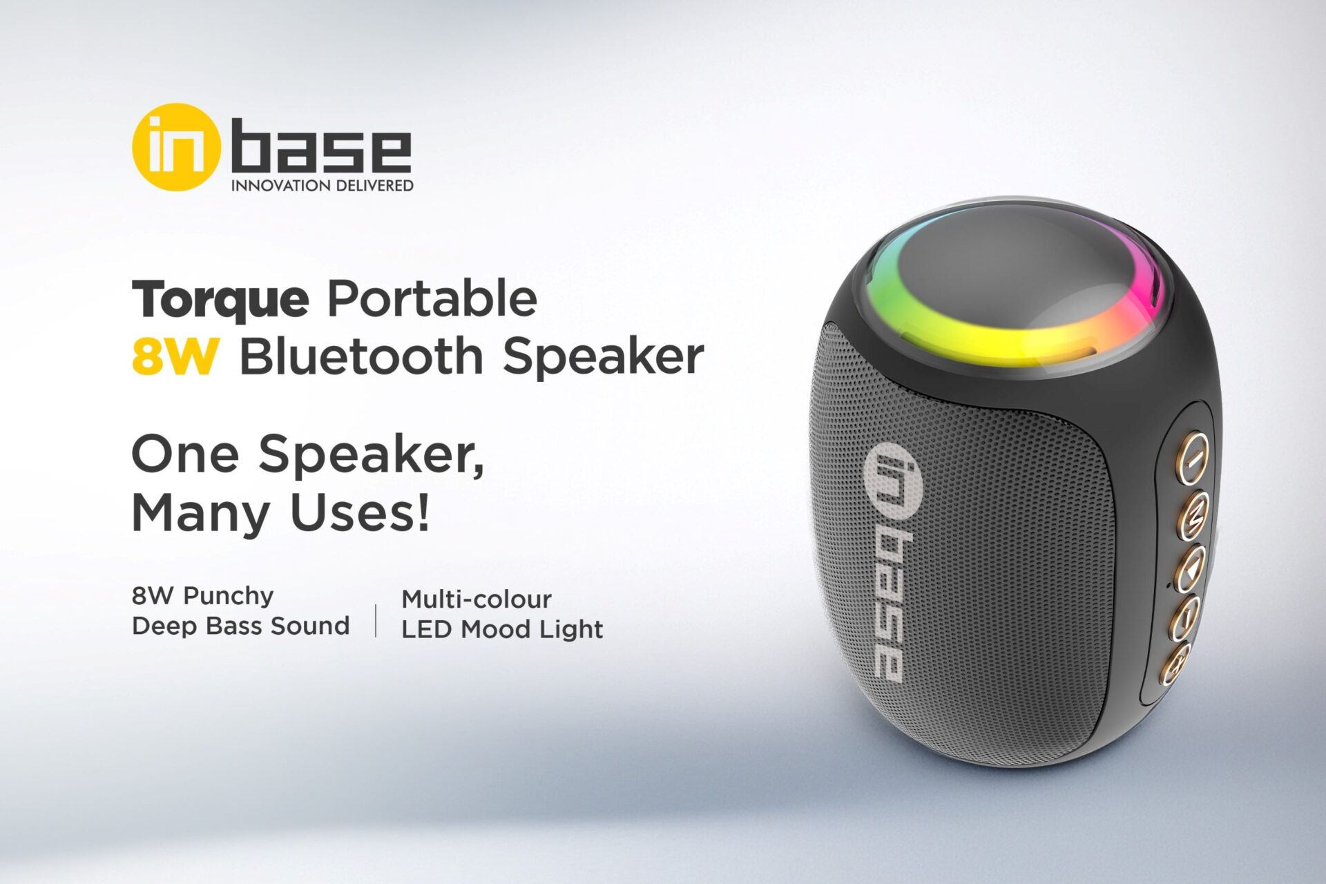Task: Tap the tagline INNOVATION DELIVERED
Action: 322,186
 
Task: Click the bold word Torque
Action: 220,299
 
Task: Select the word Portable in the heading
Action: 432,298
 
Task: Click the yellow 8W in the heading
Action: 175,356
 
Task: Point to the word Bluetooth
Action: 361,356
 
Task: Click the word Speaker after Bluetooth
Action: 602,358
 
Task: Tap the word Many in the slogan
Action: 200,512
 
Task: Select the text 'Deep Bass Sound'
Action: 240,626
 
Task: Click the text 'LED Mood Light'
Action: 502,629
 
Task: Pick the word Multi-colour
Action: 477,599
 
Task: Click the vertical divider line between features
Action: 376,619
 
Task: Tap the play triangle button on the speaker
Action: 1192,568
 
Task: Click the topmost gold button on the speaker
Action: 1193,457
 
